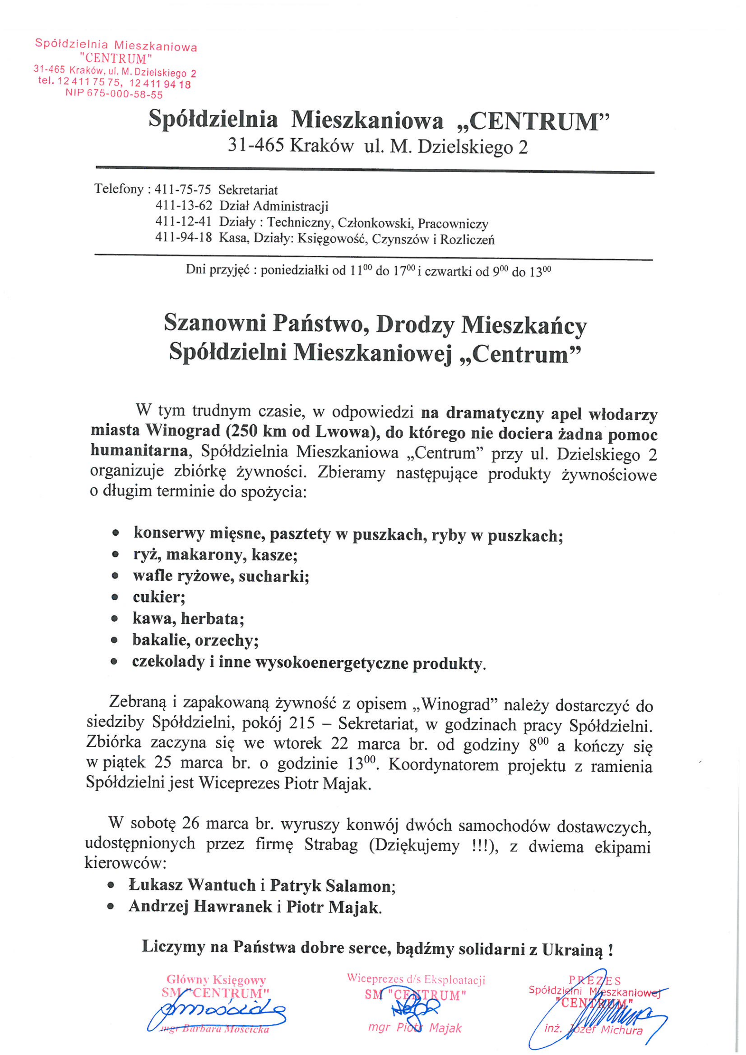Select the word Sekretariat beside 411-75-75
(248, 190)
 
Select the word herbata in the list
(212, 619)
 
